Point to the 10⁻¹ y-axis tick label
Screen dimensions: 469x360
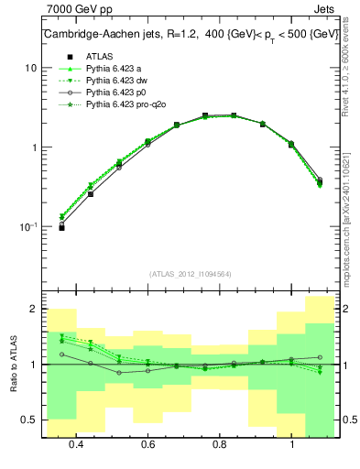[x=28, y=226]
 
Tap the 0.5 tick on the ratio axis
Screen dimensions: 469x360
[x=29, y=420]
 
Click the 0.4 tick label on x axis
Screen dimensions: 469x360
[x=76, y=445]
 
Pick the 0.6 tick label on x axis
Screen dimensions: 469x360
[x=147, y=445]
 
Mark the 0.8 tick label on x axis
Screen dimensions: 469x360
[x=220, y=445]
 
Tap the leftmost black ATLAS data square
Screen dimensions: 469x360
[x=61, y=227]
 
